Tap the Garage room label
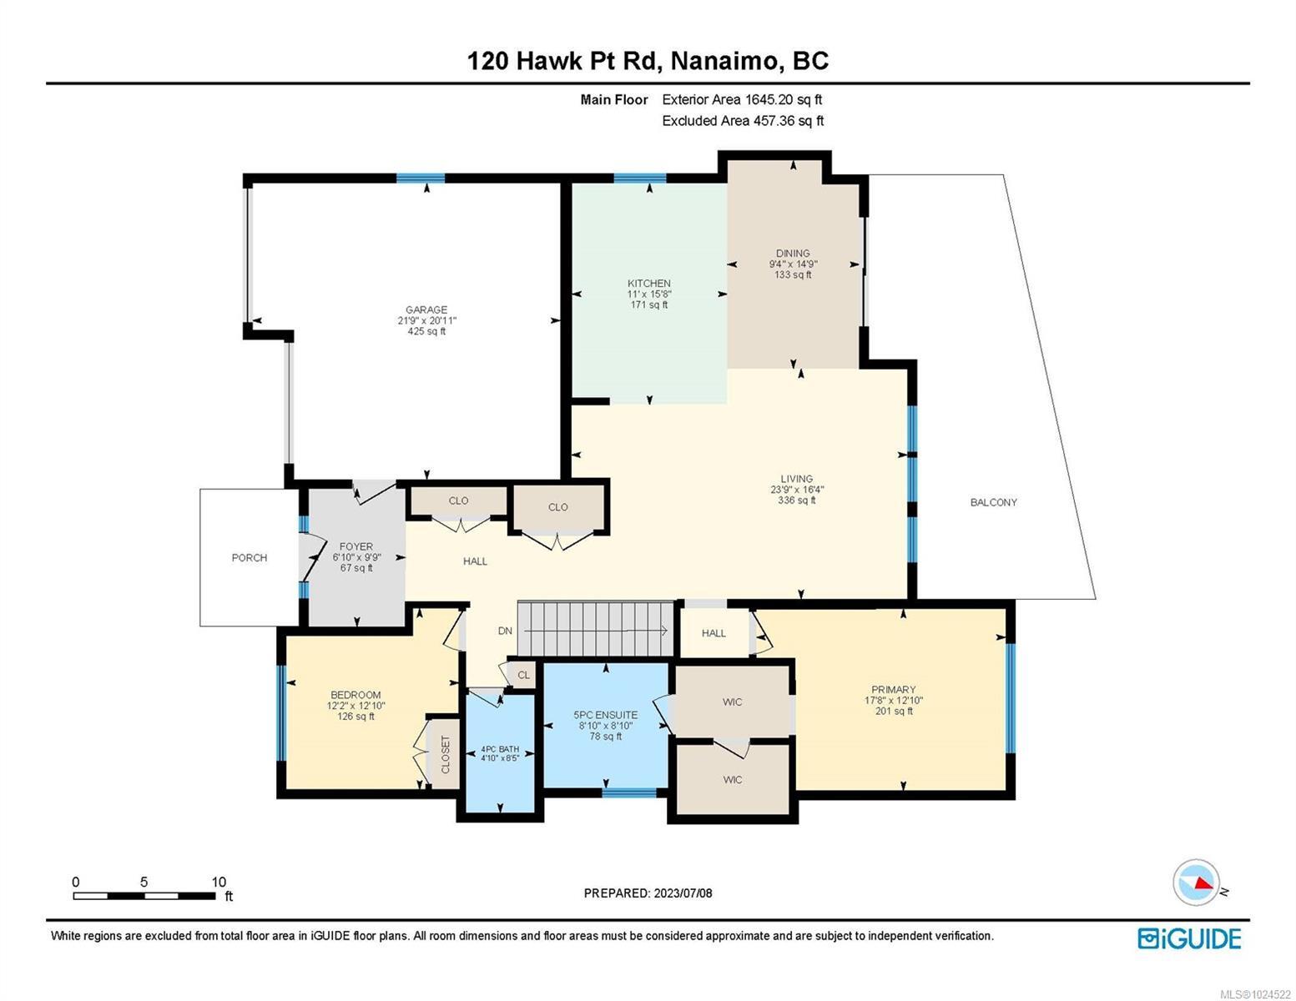[426, 309]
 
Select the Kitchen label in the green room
[648, 284]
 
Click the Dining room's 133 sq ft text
[792, 274]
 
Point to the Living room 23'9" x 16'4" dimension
[796, 490]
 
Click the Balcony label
[993, 502]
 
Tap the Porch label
[249, 557]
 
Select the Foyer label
[356, 547]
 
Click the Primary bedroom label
[893, 690]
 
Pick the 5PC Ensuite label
[605, 715]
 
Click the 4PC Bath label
[500, 749]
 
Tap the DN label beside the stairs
[505, 631]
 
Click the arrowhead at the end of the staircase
[663, 631]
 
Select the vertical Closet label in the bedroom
[445, 754]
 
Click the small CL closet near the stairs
[523, 675]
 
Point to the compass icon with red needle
[1196, 883]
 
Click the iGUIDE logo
[1189, 938]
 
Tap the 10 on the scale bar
[219, 882]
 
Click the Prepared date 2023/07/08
[648, 893]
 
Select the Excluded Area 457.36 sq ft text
[743, 121]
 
